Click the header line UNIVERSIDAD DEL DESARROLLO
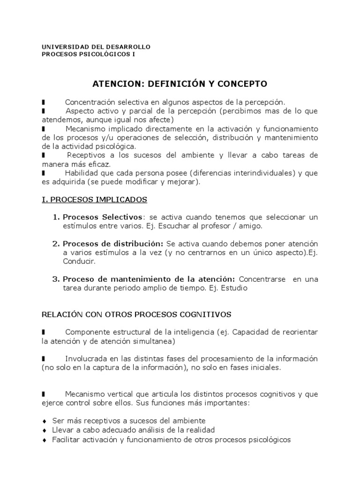coord(96,47)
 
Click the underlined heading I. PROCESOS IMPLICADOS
coord(94,200)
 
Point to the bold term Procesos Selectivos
coord(102,217)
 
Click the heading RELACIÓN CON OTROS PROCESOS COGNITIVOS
coord(136,314)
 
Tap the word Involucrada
coord(84,359)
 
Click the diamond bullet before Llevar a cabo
coord(44,430)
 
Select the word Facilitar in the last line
coord(65,440)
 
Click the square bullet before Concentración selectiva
coord(43,102)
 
